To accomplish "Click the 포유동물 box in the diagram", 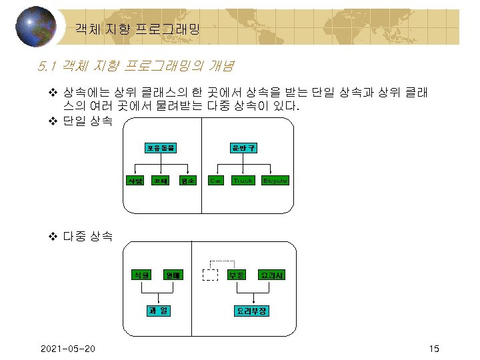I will (161, 147).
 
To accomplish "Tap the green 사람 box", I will (135, 180).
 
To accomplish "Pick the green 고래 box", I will (160, 180).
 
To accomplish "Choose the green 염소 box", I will (188, 180).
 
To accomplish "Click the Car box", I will (215, 180).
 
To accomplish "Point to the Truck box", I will (242, 180).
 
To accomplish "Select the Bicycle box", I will (275, 180).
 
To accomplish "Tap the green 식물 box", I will (141, 275).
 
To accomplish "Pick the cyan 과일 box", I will (160, 310).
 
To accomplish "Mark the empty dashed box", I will (211, 275).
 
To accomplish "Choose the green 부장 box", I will (238, 275).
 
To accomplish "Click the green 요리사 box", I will (273, 275).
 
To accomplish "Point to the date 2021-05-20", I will (67, 349).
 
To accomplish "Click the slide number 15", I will (435, 349).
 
